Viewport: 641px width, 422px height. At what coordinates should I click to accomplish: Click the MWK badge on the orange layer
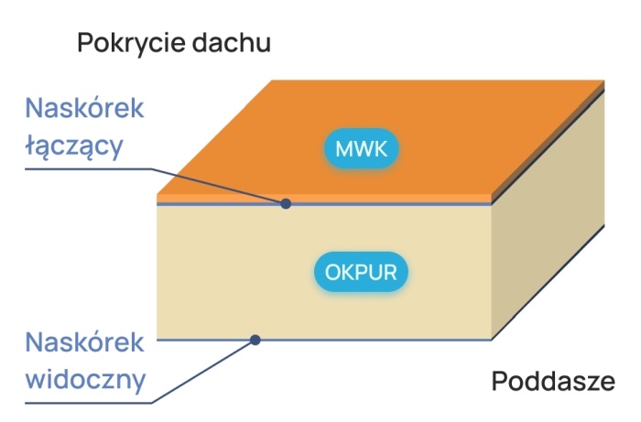pos(362,148)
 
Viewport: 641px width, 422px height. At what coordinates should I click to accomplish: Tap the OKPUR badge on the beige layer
pos(361,272)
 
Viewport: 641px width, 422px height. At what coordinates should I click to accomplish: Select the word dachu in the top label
pos(232,42)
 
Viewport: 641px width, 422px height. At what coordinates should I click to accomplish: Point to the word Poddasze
pos(553,382)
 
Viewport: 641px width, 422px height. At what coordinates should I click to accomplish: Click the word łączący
pos(74,146)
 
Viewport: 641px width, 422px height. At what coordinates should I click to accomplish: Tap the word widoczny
pos(85,380)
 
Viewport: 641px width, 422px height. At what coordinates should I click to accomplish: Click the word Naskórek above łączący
pos(84,108)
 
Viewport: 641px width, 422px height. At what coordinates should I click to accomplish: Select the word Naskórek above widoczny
pos(84,342)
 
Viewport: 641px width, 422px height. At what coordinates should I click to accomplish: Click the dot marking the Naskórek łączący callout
pos(286,203)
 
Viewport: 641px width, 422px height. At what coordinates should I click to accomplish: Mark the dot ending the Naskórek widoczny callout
pos(255,340)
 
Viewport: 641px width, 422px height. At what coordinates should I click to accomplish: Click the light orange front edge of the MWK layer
pos(324,198)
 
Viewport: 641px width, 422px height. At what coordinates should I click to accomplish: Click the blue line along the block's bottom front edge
pos(324,340)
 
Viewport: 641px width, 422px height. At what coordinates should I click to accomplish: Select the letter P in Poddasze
pos(500,382)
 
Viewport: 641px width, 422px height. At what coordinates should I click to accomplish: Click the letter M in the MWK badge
pos(344,148)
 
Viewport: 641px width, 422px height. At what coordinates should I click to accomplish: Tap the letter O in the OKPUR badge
pos(332,273)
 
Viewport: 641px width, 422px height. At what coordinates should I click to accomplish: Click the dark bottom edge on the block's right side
pos(548,282)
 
